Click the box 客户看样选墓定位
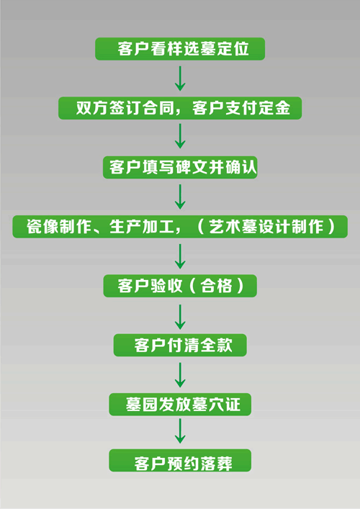click(x=180, y=49)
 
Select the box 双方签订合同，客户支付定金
click(x=180, y=108)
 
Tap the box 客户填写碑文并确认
click(x=180, y=168)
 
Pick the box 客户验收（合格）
click(x=180, y=286)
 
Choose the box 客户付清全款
click(x=180, y=345)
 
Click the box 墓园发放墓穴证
click(x=180, y=405)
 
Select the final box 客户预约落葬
click(x=180, y=460)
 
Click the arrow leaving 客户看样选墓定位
click(x=180, y=78)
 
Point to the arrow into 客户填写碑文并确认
click(x=180, y=137)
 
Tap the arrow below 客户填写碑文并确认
click(x=180, y=197)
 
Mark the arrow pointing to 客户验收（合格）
click(x=180, y=256)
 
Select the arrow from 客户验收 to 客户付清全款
click(x=180, y=317)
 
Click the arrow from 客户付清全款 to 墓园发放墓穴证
click(x=180, y=375)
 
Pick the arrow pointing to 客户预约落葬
click(x=180, y=431)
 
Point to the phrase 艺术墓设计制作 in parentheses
click(x=266, y=227)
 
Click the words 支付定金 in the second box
click(x=258, y=108)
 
